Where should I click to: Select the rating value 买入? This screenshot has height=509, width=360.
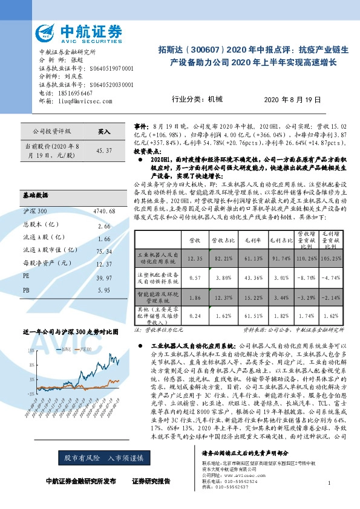(105, 131)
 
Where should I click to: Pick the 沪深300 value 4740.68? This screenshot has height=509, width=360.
(104, 210)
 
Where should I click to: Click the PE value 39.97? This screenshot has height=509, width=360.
(104, 277)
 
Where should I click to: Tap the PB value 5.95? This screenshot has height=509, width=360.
(104, 290)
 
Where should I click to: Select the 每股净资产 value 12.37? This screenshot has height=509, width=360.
(104, 264)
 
